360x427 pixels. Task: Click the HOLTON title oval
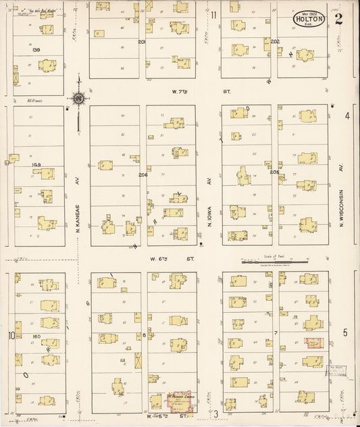310,20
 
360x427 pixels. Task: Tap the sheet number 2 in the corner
338,19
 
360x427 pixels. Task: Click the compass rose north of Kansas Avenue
78,99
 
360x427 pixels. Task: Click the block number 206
143,174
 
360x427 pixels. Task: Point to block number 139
36,49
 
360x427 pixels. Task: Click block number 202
275,41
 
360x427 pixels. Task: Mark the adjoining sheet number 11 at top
213,15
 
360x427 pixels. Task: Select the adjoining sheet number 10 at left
11,335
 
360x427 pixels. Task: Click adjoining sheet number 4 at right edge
347,116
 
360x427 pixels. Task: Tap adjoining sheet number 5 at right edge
345,332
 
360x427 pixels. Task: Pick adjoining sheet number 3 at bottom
215,413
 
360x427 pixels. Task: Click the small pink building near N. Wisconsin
313,343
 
